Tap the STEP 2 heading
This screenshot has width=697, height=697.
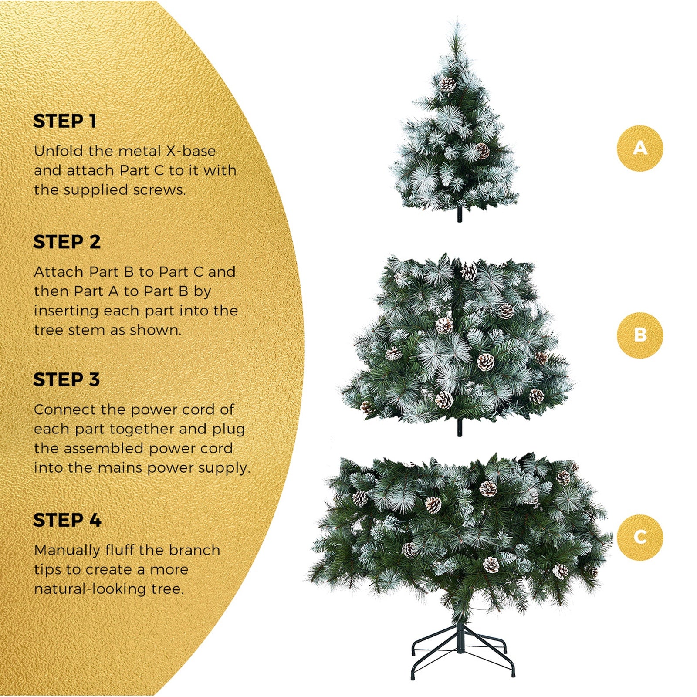67,242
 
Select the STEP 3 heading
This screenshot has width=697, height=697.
66,379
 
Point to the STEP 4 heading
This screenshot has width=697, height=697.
67,520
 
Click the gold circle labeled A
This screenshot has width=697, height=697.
639,148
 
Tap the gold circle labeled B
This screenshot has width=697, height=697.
639,335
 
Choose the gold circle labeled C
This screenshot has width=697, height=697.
639,537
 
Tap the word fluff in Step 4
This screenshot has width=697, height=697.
120,550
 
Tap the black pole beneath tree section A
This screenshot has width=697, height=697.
460,214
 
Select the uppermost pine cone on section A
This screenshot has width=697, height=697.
447,84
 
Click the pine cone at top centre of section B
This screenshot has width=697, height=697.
469,273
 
